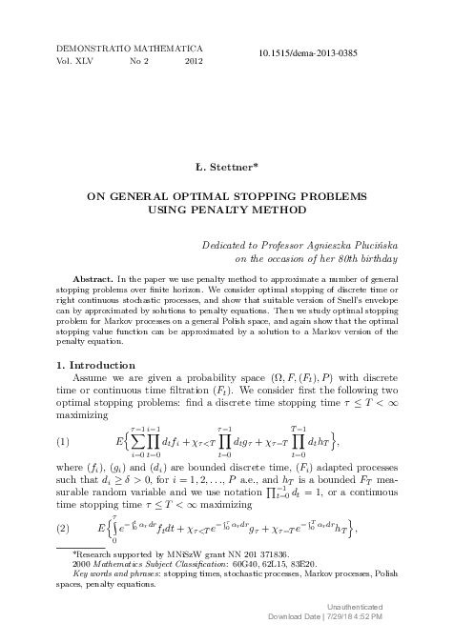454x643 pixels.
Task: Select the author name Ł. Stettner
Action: [x=226, y=171]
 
